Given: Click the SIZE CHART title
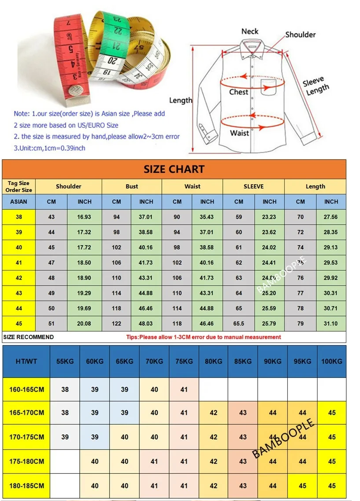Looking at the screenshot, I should pos(174,169).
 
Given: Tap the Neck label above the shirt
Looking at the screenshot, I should pos(250,32).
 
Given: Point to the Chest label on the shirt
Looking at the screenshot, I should pos(239,92).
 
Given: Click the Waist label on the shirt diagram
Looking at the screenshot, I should pos(239,133).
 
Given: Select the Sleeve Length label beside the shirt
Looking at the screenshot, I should pos(315,86).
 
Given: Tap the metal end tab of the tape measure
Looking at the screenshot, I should pos(75,93).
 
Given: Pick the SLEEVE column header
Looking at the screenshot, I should pos(253,186).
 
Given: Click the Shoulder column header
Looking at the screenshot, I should pos(68,186).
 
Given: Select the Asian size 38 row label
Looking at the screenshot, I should pos(19,217).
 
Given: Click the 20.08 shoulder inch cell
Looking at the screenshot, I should pos(84,324).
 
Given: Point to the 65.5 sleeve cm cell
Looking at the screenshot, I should pos(239,324).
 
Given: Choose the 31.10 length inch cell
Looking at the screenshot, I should pos(331,324).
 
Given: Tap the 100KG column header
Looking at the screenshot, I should pos(331,361).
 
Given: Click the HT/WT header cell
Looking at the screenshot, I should pos(26,361).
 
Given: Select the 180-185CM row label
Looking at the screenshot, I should pos(26,486).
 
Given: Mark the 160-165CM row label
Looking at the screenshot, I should pos(26,389).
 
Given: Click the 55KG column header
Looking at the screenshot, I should pos(65,361).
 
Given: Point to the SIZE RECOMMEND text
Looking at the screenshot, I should pos(29,337).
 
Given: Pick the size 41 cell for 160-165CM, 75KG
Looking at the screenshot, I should pos(184,389).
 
